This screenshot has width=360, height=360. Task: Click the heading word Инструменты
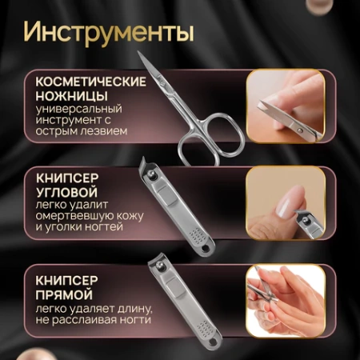[108, 34]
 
